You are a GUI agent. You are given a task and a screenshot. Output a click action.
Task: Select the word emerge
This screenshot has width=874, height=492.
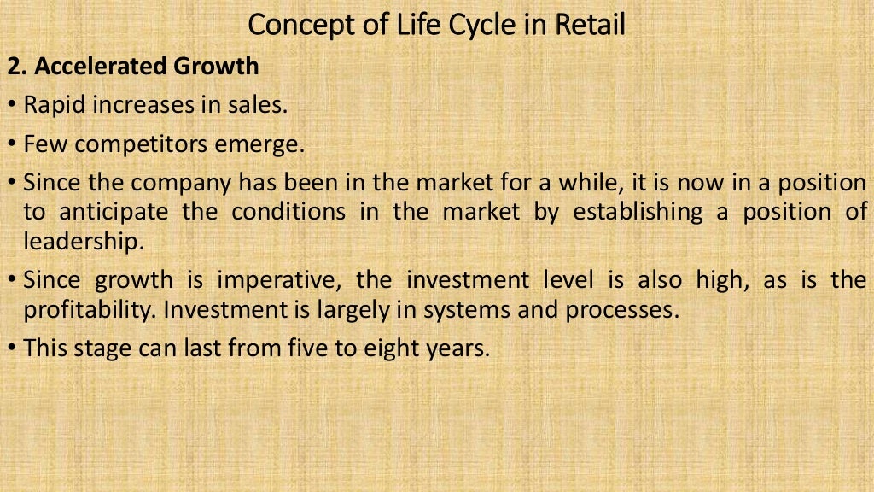pos(262,144)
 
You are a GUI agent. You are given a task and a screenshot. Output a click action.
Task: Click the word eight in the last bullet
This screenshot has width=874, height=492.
pos(372,348)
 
